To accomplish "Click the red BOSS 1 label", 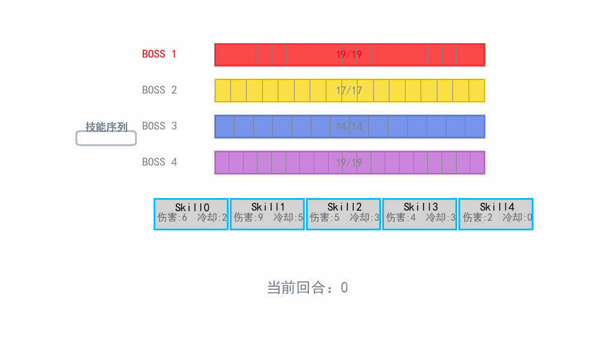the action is click(x=159, y=54).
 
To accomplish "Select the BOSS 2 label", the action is click(x=159, y=90).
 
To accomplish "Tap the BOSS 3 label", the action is click(x=159, y=126).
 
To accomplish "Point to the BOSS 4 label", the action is click(x=159, y=162).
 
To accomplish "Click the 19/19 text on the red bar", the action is click(x=349, y=55).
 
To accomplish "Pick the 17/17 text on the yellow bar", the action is click(x=349, y=91).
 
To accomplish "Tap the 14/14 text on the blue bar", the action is click(x=349, y=127).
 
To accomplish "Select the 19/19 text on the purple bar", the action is click(x=349, y=163).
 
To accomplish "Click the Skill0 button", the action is click(x=191, y=214).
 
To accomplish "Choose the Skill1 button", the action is click(x=267, y=214).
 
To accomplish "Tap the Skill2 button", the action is click(x=343, y=214).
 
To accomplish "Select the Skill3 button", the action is click(x=419, y=214).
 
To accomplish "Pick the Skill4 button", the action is click(x=496, y=214).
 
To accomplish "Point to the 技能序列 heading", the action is click(x=106, y=127).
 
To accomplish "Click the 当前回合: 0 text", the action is click(x=307, y=287).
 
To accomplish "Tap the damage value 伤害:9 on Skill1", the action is click(x=248, y=218).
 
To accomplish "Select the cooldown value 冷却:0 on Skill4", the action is click(x=517, y=218).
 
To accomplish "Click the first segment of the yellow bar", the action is click(x=223, y=91).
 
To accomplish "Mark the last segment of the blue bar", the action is click(x=475, y=127).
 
